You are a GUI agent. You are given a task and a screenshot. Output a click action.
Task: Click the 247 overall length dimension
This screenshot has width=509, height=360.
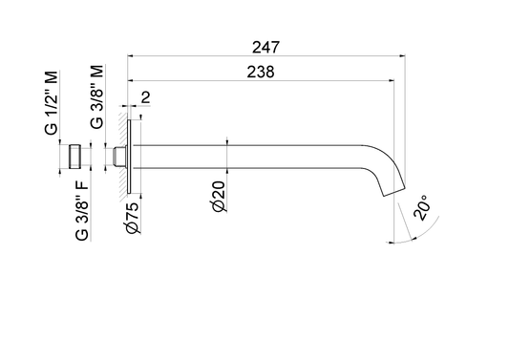click(265, 48)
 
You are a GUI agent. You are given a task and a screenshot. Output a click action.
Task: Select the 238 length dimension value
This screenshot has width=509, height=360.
click(261, 72)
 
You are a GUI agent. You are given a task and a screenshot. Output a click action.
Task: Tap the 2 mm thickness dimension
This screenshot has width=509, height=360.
click(146, 97)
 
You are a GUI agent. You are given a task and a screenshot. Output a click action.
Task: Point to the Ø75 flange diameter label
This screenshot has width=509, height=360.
click(133, 218)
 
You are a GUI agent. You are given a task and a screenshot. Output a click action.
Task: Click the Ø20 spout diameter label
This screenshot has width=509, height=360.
click(219, 197)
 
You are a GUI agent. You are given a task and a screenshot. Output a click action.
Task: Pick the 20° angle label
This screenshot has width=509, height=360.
click(422, 207)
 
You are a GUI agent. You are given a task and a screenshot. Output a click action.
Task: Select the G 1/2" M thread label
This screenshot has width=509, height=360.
click(52, 102)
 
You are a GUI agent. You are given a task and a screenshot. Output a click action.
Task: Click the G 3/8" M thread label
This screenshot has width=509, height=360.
click(97, 96)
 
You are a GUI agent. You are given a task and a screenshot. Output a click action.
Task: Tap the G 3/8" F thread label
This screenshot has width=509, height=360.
click(81, 210)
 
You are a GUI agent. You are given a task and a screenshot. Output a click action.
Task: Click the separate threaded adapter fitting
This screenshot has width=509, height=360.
click(74, 157)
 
